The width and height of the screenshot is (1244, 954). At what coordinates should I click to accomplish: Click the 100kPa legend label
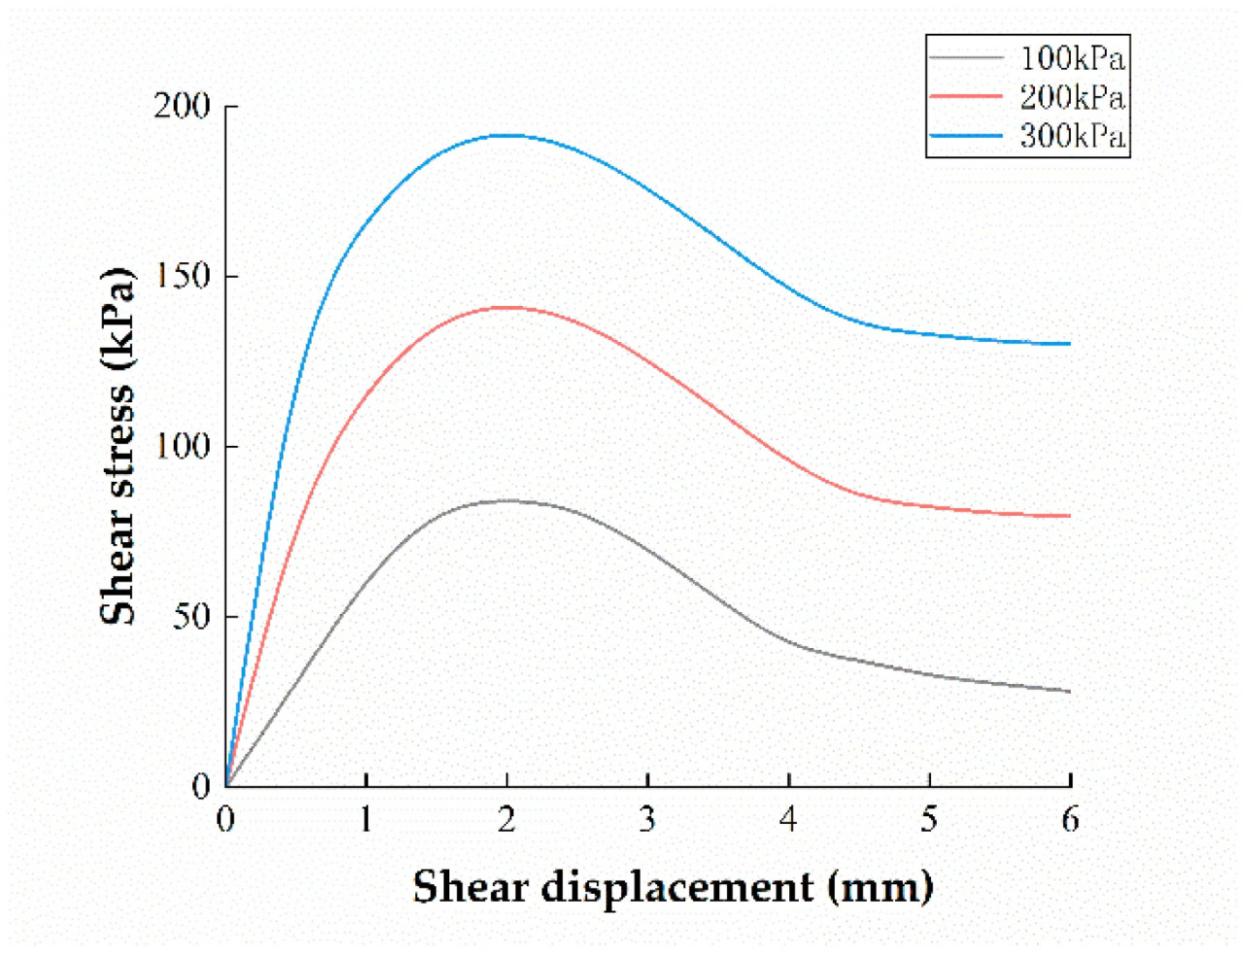pos(1072,58)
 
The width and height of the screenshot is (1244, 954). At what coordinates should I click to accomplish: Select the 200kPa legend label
pos(1072,97)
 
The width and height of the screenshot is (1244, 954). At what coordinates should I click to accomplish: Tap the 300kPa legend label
pos(1072,135)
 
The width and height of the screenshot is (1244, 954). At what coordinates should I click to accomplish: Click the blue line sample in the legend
pos(966,135)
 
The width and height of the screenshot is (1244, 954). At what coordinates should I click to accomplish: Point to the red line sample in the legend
pos(966,96)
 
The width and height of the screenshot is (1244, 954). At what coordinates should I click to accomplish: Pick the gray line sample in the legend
pos(966,58)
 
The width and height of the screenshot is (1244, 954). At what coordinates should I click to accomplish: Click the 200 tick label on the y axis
pos(183,106)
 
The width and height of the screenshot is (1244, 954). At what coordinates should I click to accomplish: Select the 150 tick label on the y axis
pos(183,276)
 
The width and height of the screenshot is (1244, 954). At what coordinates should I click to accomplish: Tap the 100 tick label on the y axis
pos(183,446)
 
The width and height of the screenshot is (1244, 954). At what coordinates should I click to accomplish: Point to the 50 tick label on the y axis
pos(191,616)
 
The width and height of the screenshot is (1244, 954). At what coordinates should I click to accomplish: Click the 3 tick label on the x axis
pos(647,820)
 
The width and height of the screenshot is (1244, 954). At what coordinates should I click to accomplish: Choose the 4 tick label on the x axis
pos(788,820)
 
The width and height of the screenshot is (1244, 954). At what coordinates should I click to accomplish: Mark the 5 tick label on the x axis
pos(929,820)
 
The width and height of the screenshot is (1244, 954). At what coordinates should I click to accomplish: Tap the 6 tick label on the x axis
pos(1070,820)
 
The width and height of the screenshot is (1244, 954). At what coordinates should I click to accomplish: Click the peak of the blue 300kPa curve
pos(506,135)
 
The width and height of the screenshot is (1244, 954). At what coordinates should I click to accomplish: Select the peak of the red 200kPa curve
pos(506,307)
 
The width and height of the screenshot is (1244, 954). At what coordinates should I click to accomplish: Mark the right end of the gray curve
pos(1070,691)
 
